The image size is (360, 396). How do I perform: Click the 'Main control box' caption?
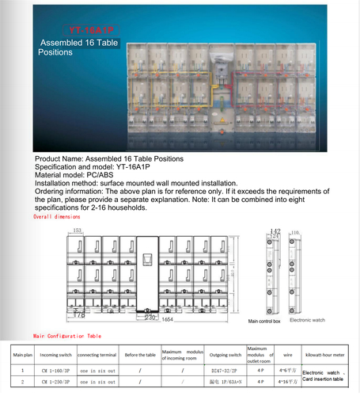(x=265, y=322)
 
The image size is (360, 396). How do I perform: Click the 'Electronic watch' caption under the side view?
(x=306, y=322)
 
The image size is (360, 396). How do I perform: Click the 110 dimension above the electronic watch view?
(x=297, y=232)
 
